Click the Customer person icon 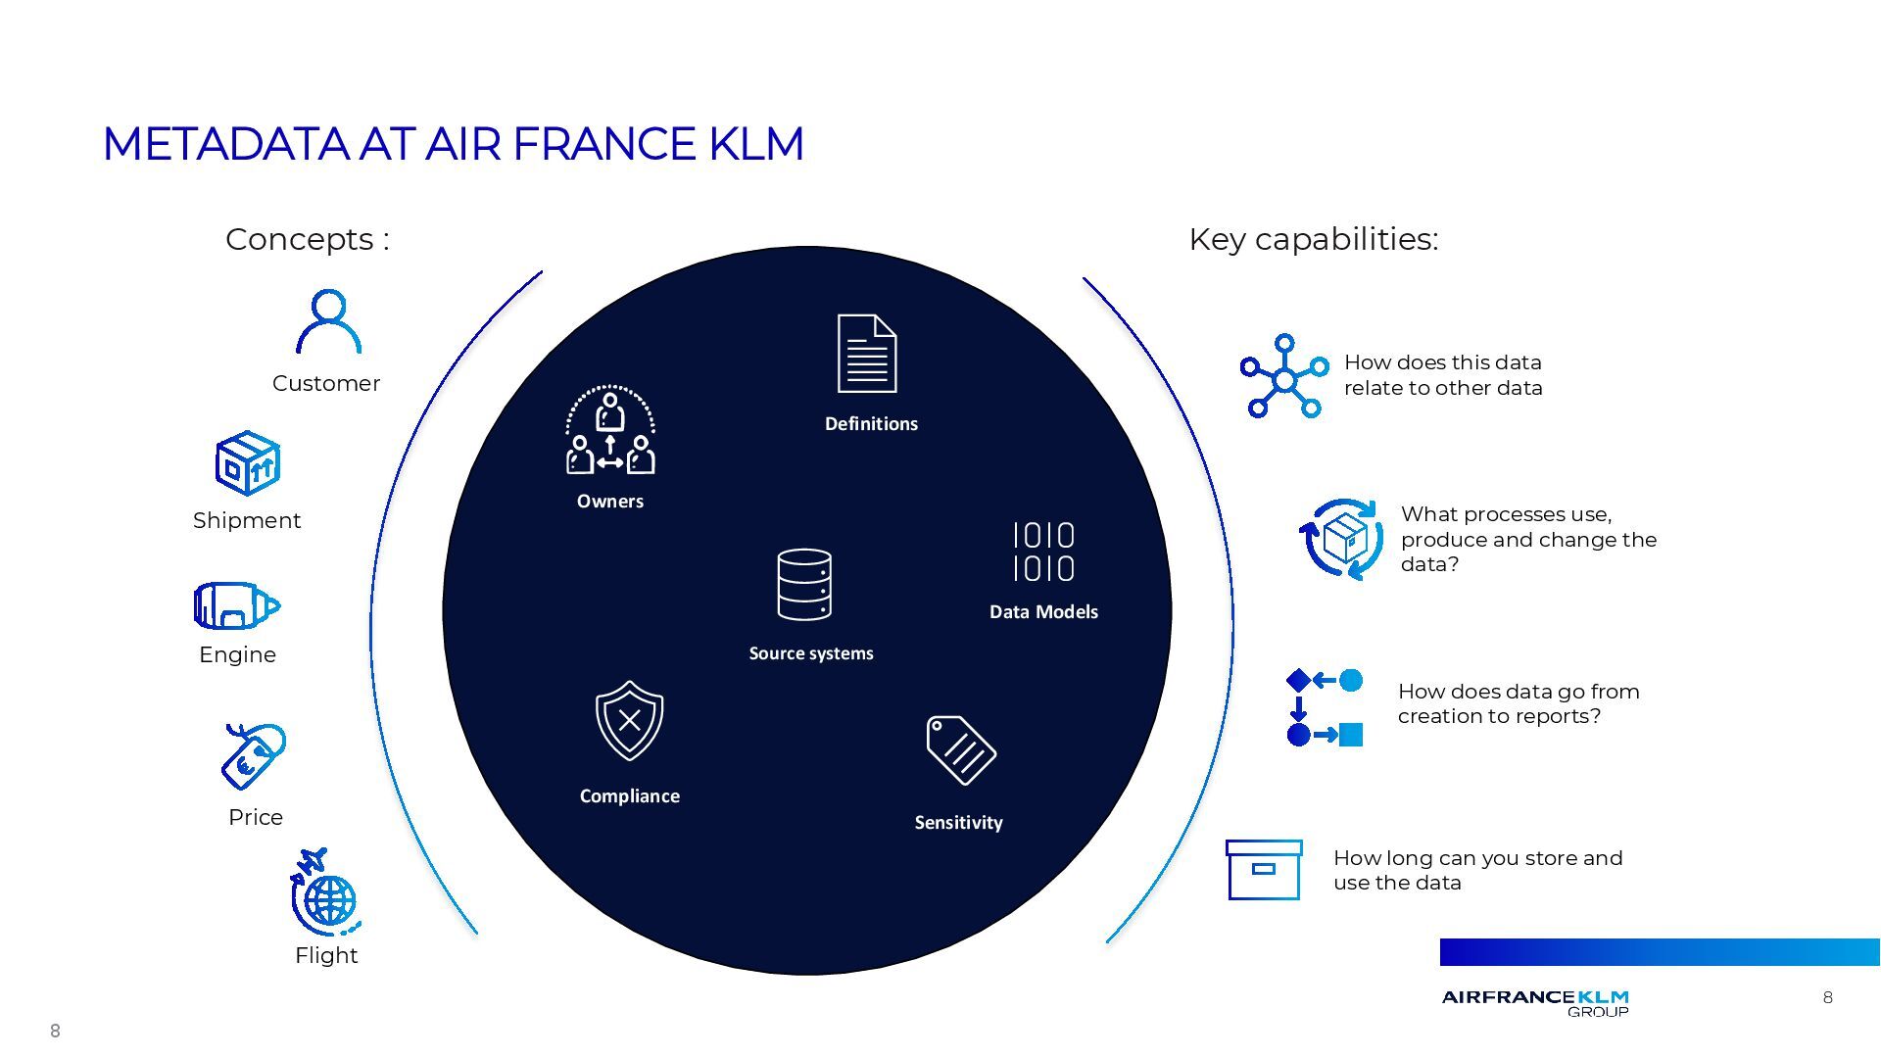328,321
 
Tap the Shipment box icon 248,463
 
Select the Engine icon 236,605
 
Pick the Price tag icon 254,756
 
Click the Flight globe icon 325,893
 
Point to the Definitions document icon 867,354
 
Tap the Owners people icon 610,431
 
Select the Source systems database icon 804,585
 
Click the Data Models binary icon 1043,552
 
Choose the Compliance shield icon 629,721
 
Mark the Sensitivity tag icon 960,750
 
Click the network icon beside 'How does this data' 1283,377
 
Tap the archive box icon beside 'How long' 1264,870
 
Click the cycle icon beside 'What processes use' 1342,539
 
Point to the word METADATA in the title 225,144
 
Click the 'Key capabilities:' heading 1313,239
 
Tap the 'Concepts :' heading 308,239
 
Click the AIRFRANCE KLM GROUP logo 1535,1002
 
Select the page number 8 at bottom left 55,1031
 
